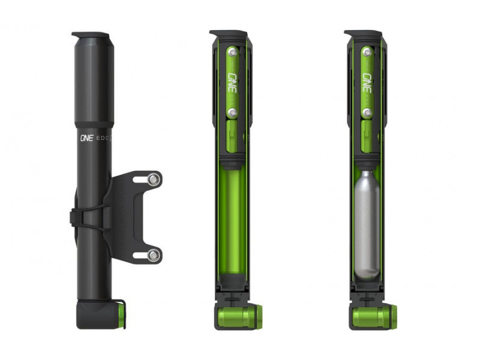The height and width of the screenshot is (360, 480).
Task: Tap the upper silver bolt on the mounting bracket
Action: pyautogui.click(x=154, y=179)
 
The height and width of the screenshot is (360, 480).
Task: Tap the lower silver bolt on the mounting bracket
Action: pyautogui.click(x=154, y=255)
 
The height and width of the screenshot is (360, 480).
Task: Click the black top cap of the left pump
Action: pyautogui.click(x=91, y=35)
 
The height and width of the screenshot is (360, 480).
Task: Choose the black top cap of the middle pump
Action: pyautogui.click(x=228, y=34)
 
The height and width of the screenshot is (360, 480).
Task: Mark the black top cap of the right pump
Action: pyautogui.click(x=362, y=34)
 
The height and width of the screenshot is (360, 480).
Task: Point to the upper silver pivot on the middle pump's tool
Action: pyautogui.click(x=232, y=52)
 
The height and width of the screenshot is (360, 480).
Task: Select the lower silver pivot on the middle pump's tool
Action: pyautogui.click(x=232, y=112)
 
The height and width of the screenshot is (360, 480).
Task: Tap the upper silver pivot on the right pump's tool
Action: pyautogui.click(x=367, y=52)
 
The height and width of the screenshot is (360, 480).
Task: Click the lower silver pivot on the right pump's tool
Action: pyautogui.click(x=367, y=112)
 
